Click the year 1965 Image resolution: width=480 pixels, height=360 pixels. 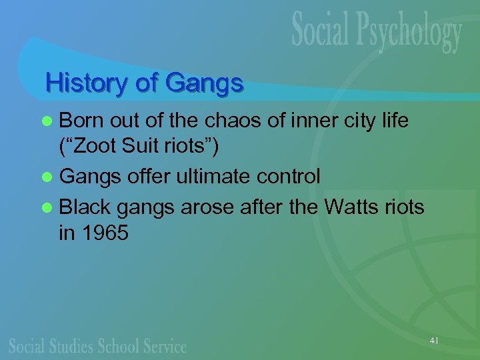pos(105,234)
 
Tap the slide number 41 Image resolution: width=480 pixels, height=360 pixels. pos(434,341)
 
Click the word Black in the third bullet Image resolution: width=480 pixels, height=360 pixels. pos(87,208)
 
